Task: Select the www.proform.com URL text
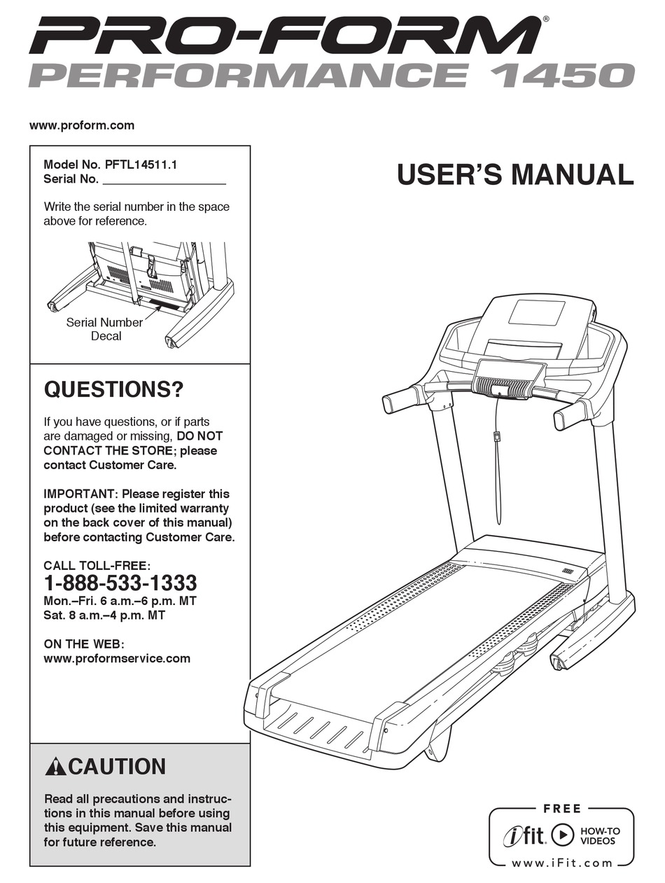click(81, 126)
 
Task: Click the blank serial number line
click(164, 179)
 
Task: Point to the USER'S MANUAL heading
click(514, 174)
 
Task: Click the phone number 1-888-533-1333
click(120, 583)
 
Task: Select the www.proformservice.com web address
click(117, 658)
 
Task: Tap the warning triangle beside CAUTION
click(55, 767)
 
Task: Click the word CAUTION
click(118, 767)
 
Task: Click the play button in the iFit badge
click(562, 835)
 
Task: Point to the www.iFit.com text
click(561, 863)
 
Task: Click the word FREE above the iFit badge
click(561, 809)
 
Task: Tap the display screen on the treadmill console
click(536, 312)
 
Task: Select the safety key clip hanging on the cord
click(496, 437)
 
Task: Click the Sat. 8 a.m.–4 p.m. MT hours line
click(104, 616)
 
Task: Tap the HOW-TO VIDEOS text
click(600, 835)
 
